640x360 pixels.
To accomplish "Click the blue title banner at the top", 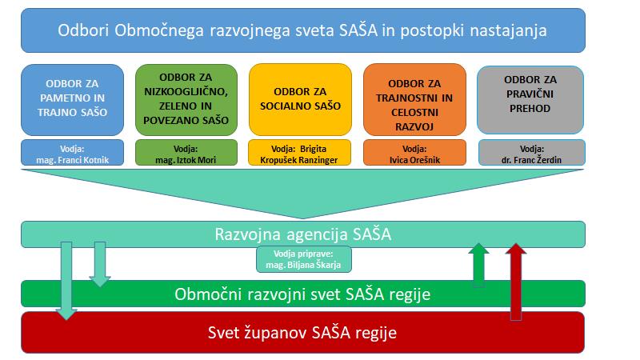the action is pos(303,30).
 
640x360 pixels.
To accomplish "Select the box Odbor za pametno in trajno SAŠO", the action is pos(72,99).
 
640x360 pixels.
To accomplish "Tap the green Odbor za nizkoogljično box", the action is pos(186,99).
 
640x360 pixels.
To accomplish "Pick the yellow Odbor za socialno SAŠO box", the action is pos(301,99).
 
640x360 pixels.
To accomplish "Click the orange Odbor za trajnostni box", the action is pos(414,99).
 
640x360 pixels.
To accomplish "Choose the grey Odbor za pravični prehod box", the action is pos(530,100).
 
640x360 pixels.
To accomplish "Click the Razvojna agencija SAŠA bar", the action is pos(303,234).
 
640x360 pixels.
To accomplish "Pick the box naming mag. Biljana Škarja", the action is pos(304,259).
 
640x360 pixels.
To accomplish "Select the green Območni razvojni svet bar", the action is pos(303,294).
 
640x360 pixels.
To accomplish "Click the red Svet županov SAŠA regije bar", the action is pos(303,333).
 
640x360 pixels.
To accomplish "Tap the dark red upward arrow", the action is pos(516,282).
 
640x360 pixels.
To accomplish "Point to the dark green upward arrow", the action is pos(478,265).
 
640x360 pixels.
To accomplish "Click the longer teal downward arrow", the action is pos(66,281).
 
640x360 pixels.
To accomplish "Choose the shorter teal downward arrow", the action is pos(100,264).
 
